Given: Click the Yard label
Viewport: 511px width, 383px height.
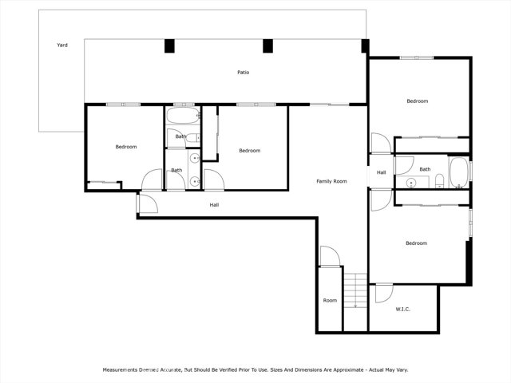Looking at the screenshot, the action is tap(62, 45).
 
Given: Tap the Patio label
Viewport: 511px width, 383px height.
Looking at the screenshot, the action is tap(243, 73).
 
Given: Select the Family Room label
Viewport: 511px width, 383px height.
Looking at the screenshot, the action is tap(331, 181).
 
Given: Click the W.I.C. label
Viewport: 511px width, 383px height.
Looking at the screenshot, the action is tap(402, 309).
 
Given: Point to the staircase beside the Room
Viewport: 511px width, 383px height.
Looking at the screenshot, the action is tap(355, 290).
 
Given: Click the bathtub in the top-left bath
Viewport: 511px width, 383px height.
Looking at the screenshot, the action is tap(183, 116).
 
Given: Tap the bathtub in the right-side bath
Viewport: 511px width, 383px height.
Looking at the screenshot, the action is tap(458, 172).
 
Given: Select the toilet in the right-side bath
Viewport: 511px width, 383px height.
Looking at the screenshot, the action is tap(440, 181).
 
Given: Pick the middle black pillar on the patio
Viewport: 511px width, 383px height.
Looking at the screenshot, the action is tap(268, 46).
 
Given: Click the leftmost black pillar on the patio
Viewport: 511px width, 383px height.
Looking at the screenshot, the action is tap(169, 46).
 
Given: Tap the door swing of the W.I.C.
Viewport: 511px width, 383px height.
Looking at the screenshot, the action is tap(384, 294).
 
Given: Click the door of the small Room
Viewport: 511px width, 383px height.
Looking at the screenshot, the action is tap(330, 257).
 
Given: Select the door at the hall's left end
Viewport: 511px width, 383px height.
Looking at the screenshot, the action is tap(148, 204).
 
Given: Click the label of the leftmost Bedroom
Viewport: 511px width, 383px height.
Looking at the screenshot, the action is tap(126, 147).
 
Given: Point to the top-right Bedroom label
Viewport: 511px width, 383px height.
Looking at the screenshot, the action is tap(417, 101).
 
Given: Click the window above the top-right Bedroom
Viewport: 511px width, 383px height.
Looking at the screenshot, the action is tap(417, 58).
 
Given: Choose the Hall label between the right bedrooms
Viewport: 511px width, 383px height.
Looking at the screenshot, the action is tap(382, 172).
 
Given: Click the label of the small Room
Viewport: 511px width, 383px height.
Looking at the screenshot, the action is tap(330, 300).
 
